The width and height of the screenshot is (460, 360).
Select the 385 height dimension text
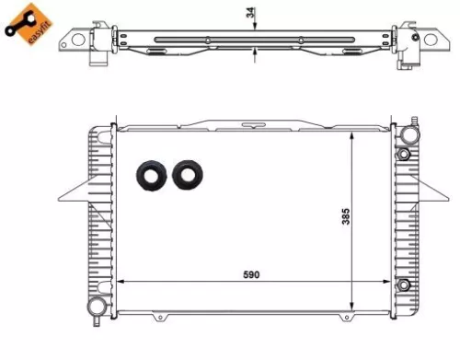point(345,217)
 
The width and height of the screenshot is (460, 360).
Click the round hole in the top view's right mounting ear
point(429,42)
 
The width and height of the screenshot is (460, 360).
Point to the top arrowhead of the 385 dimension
point(353,133)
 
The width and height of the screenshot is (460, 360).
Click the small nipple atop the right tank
point(414,121)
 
